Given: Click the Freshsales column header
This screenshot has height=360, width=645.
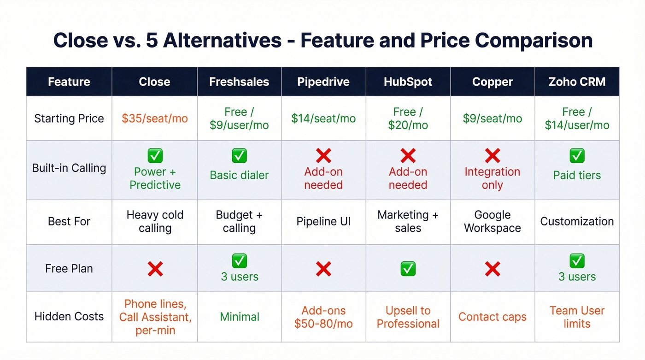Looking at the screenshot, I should click(x=239, y=82).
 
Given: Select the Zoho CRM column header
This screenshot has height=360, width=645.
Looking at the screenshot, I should click(x=577, y=82).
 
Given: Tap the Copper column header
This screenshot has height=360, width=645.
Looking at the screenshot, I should click(x=492, y=82).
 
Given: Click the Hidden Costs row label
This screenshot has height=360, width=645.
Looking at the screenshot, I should click(x=69, y=317).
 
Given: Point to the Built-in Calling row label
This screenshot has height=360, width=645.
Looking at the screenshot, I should click(x=69, y=168).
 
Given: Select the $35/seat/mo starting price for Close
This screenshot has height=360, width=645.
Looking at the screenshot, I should click(x=155, y=118).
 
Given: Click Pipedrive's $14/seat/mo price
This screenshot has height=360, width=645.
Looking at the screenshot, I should click(x=323, y=118).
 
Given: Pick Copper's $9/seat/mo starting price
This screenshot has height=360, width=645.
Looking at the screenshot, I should click(x=492, y=118).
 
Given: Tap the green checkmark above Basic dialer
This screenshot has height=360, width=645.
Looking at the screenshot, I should click(x=239, y=156).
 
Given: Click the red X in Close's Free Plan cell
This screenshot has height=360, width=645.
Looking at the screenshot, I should click(x=155, y=269).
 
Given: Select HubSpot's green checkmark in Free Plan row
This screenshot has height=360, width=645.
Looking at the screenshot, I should click(x=408, y=269).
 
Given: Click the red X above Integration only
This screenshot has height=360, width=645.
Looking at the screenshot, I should click(x=492, y=156).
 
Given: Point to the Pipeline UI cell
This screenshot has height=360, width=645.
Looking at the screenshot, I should click(x=323, y=221).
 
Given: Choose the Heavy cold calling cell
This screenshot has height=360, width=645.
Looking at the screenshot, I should click(x=155, y=221).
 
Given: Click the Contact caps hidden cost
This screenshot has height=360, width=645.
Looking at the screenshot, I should click(x=492, y=317).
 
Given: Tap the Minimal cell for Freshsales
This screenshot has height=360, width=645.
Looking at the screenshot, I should click(x=239, y=317).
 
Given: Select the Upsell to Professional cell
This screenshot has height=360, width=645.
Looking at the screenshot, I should click(x=408, y=317).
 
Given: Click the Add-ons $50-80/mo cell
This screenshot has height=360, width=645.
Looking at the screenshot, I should click(x=323, y=317).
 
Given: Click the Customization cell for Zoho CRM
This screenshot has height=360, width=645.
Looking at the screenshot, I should click(x=577, y=221).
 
